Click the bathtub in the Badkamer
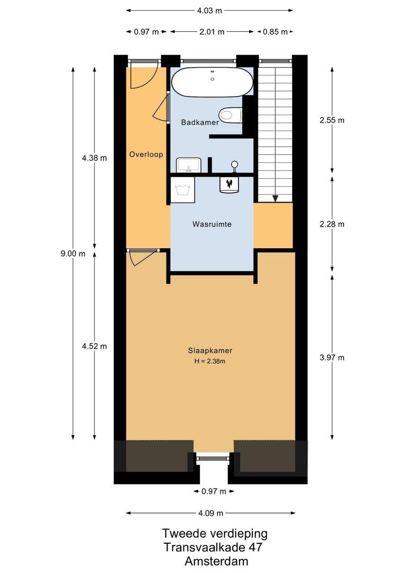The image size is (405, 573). click(x=212, y=82)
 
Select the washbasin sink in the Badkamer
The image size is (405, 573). click(x=188, y=165)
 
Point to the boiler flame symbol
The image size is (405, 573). click(x=230, y=184)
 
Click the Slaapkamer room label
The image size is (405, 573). click(x=210, y=351)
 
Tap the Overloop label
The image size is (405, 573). click(x=146, y=154)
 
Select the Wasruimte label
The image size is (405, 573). click(x=212, y=224)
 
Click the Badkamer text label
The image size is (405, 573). click(x=200, y=123)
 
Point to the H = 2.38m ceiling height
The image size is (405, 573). click(x=209, y=361)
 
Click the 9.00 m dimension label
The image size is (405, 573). click(x=73, y=254)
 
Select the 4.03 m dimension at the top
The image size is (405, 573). click(x=209, y=11)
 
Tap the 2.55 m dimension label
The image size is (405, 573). click(x=332, y=120)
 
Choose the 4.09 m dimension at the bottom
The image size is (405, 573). click(x=210, y=513)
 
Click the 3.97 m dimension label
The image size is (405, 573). click(x=332, y=358)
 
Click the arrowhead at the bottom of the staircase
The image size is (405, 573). click(x=275, y=198)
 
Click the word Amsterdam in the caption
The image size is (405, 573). click(x=216, y=561)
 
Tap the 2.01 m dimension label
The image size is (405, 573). click(x=212, y=32)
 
